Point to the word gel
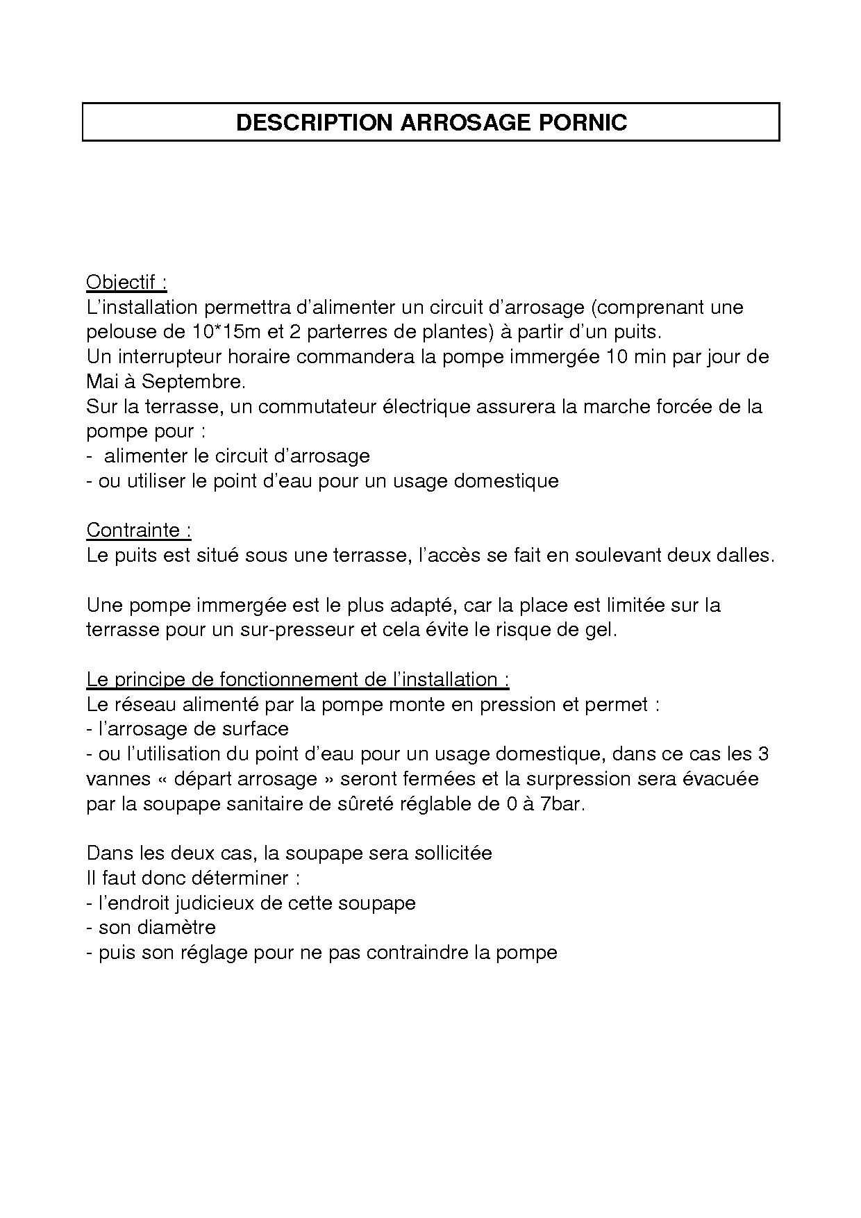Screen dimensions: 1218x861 (x=601, y=631)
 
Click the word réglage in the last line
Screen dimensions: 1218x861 (x=214, y=953)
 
